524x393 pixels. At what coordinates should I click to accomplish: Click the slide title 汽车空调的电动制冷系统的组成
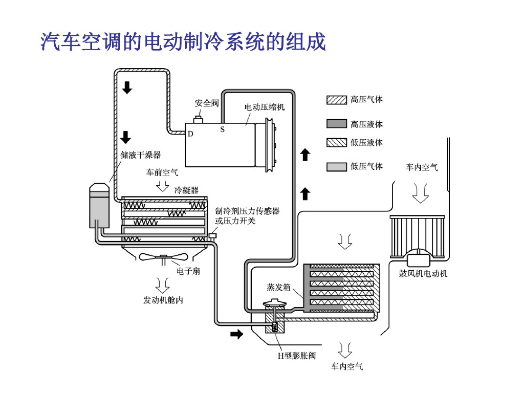point(183,42)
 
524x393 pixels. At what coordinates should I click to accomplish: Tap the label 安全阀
point(206,103)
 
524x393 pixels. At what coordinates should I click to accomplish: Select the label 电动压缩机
point(264,107)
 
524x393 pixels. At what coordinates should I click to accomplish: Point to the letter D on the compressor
point(190,134)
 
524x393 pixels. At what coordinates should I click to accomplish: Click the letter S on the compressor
point(223,129)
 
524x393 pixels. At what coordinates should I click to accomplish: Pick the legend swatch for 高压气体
point(337,100)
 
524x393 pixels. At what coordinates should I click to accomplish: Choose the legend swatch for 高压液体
point(337,124)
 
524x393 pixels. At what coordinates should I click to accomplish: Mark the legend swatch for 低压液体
point(337,142)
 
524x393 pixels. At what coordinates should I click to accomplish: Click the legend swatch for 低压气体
point(337,166)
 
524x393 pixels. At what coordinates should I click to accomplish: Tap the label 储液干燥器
point(141,155)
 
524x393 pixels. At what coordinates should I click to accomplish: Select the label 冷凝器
point(186,190)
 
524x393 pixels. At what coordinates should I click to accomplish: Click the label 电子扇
point(188,271)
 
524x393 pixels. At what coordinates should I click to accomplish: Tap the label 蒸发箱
point(278,288)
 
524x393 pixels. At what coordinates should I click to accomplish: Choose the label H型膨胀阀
point(296,356)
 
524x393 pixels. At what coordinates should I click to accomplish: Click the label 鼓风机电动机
point(423,274)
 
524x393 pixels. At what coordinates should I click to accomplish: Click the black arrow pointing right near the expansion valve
point(236,334)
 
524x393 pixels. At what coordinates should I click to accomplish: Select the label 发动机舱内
point(163,300)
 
